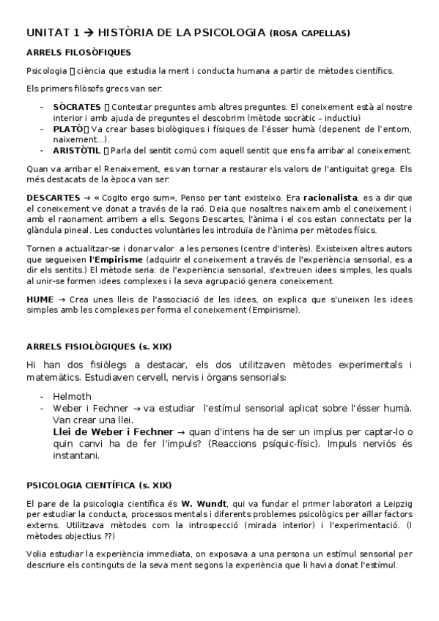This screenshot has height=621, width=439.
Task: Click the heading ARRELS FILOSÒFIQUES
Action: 78,53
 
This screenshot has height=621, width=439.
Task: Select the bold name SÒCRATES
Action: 76,107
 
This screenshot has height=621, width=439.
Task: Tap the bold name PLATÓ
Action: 67,129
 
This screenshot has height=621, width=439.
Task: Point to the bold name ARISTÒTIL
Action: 75,151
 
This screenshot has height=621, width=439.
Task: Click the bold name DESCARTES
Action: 54,197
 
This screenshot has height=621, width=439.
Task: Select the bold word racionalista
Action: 336,197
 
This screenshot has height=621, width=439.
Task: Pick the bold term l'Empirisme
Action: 114,260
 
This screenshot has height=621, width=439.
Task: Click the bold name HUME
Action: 40,300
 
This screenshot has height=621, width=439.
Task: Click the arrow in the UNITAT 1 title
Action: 91,32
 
